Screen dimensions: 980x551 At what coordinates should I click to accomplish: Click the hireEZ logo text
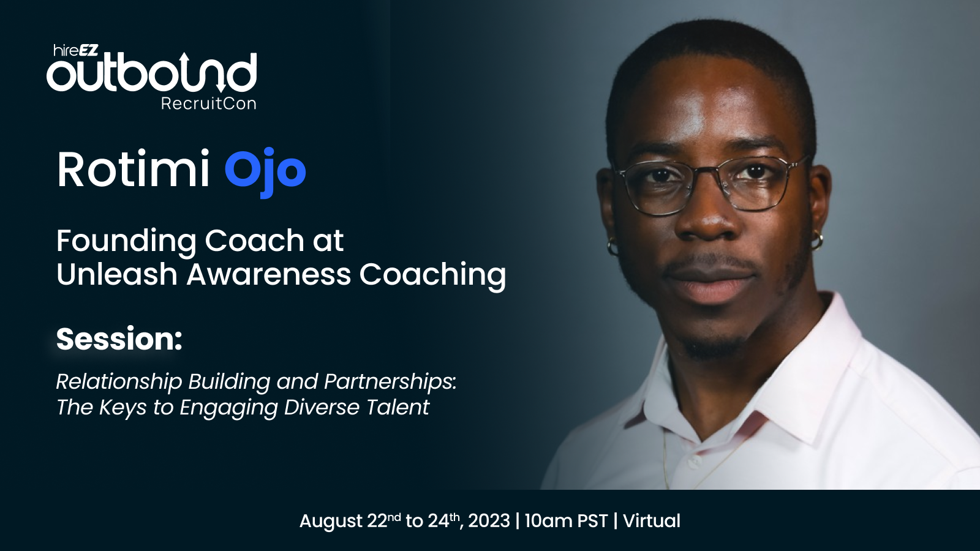(76, 50)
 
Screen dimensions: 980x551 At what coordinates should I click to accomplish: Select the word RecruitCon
(208, 103)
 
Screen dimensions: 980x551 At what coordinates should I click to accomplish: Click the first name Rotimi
(133, 170)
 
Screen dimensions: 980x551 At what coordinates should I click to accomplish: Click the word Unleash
(117, 275)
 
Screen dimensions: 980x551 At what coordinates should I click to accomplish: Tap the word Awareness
(269, 275)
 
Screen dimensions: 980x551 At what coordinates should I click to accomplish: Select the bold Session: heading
(119, 339)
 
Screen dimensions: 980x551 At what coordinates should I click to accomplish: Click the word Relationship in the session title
(119, 383)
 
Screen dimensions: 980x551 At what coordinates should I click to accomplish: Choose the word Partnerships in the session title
(390, 383)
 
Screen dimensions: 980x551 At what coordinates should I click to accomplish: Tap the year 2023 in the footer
(489, 521)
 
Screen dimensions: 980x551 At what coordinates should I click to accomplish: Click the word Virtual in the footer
(652, 521)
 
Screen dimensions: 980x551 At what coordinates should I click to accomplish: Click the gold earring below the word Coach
(612, 247)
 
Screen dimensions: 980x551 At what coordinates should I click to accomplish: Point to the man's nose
(708, 214)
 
